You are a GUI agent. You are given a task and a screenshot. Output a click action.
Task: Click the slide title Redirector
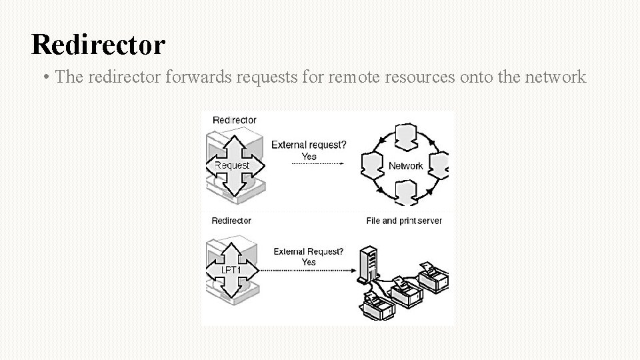click(98, 45)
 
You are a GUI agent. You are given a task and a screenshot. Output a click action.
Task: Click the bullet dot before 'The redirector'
click(44, 77)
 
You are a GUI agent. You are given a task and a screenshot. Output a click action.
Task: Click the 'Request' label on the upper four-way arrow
click(232, 165)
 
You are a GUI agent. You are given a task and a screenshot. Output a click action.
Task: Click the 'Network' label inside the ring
click(405, 166)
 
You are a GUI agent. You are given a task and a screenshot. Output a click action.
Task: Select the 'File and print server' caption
click(404, 221)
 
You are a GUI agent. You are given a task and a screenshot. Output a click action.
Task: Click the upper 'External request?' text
click(308, 145)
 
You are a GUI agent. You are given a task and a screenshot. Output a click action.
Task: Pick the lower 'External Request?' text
click(309, 252)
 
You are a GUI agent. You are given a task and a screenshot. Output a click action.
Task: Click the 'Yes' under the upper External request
click(309, 156)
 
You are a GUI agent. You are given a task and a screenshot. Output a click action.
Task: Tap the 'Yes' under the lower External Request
click(309, 263)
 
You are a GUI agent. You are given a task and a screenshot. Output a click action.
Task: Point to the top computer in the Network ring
click(405, 136)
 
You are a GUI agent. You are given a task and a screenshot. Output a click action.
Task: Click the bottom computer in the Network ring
click(405, 193)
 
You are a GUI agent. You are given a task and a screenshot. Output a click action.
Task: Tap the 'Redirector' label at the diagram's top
click(234, 120)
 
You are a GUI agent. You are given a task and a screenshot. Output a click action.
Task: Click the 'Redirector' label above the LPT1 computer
click(231, 221)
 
